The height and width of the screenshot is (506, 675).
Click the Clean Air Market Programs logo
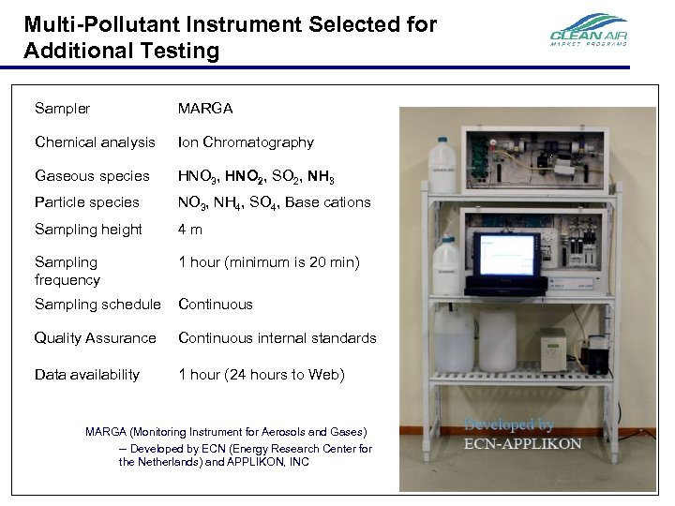(x=588, y=32)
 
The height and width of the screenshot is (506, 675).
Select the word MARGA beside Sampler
(x=205, y=109)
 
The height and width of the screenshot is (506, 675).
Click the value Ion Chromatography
(x=246, y=142)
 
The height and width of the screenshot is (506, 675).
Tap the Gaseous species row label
(x=92, y=176)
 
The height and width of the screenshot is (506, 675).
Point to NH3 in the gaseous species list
(x=320, y=177)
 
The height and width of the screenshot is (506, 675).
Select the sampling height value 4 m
(x=190, y=230)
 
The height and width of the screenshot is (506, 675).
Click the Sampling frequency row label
(x=67, y=271)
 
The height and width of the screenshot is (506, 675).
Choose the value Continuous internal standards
(x=277, y=338)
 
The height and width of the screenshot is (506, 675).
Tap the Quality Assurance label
(x=95, y=338)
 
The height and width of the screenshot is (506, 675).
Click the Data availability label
(x=86, y=375)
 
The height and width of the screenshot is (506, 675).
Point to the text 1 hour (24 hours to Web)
(x=261, y=375)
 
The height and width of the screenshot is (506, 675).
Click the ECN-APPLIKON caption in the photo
(x=523, y=444)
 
